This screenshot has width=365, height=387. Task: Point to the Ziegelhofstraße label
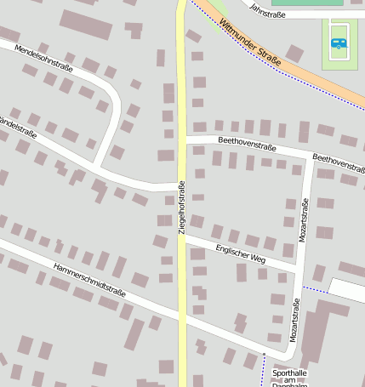tap(181, 208)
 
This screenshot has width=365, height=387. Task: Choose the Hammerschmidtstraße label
tap(88, 279)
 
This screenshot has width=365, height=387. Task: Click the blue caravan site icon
tap(339, 42)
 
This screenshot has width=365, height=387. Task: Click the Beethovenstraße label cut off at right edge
tap(339, 160)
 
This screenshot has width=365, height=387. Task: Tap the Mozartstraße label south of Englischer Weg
tap(294, 321)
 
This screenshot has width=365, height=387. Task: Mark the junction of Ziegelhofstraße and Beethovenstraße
tap(181, 136)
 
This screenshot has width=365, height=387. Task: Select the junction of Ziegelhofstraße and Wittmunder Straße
tap(182, 4)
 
